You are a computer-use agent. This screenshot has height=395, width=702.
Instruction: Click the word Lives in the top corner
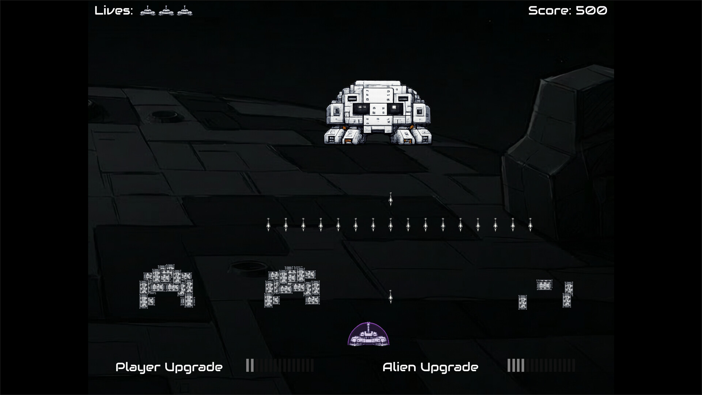113,11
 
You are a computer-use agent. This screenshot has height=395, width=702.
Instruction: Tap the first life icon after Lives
147,11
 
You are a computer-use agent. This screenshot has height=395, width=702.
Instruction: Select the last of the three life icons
185,11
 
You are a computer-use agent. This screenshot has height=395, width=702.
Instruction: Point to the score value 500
591,11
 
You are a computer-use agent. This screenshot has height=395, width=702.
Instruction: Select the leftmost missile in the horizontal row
268,225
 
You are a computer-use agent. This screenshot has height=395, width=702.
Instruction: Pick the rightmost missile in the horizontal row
530,225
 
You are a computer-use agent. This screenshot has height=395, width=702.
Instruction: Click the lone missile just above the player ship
390,297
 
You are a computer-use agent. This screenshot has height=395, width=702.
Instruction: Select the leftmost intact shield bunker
167,286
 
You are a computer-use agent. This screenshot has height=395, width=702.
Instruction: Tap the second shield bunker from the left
292,286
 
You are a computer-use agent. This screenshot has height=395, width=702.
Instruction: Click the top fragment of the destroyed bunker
544,285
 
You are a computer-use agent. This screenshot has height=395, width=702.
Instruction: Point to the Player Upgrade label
169,367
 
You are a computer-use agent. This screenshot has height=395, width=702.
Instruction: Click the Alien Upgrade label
430,367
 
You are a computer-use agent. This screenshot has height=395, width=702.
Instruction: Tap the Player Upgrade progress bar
280,365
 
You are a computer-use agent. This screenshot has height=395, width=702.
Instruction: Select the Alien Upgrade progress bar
541,365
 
